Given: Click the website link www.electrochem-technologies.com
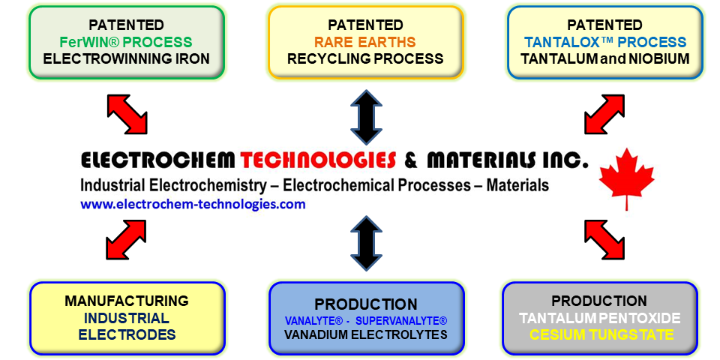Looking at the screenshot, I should click(x=193, y=204).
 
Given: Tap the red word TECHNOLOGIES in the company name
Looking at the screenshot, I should click(x=318, y=160).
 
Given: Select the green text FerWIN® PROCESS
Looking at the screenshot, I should click(x=126, y=42).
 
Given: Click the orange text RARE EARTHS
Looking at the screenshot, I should click(x=365, y=42).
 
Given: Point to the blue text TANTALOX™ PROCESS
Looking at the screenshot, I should click(x=605, y=42).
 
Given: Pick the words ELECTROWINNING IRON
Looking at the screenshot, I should click(x=126, y=58).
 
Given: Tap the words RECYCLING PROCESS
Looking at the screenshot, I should click(x=365, y=58).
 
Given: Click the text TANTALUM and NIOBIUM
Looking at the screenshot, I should click(x=605, y=58).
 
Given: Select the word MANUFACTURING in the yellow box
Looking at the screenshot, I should click(x=126, y=301).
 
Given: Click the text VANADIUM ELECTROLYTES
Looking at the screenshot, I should click(x=365, y=334).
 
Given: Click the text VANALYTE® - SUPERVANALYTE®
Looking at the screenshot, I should click(x=365, y=320).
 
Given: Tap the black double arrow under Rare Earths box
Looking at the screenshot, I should click(x=366, y=116).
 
